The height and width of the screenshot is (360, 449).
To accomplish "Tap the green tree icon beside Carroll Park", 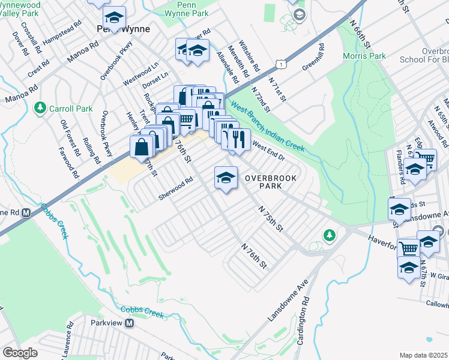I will [x=41, y=108].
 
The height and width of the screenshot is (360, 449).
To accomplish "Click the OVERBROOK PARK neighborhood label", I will [x=262, y=182].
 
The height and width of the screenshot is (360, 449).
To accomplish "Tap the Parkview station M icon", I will [x=129, y=323].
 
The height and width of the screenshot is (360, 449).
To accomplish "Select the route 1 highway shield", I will [x=281, y=63].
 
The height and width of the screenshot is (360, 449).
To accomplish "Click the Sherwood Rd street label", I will [x=175, y=188].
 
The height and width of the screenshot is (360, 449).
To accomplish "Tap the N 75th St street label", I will [x=270, y=219].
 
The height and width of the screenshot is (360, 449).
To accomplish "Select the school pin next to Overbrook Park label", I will [x=226, y=178].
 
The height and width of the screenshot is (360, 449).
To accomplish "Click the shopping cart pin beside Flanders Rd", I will [x=425, y=158].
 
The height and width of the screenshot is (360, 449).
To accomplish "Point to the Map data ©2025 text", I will [x=423, y=355].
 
